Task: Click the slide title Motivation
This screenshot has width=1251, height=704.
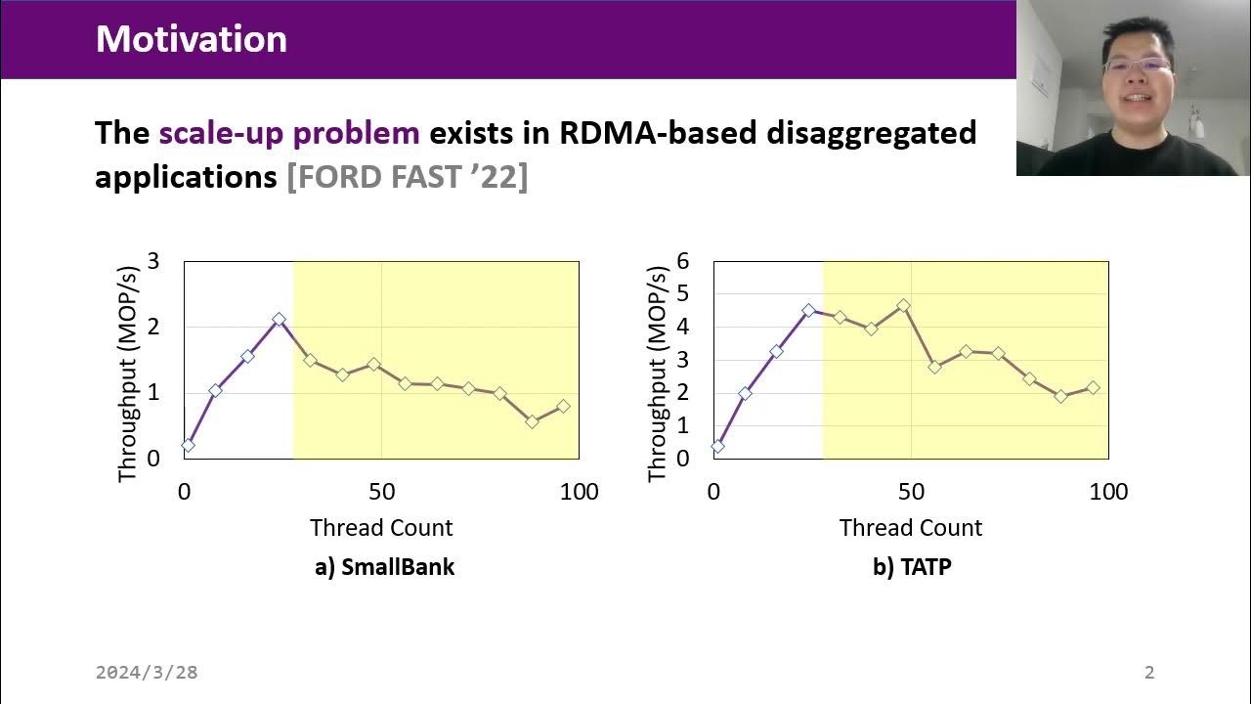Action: point(192,39)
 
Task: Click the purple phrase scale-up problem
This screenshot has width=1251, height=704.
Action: point(289,133)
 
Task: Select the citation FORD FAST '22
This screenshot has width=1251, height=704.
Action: point(407,177)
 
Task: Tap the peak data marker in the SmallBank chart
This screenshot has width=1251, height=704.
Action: point(280,319)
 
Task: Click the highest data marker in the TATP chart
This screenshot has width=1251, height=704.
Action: point(903,305)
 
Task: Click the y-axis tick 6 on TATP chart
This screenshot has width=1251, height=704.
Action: point(683,261)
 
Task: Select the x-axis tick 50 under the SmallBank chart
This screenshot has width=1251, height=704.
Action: point(381,492)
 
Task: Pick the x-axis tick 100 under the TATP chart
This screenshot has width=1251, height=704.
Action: point(1107,492)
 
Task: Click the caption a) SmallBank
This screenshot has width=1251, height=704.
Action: point(384,567)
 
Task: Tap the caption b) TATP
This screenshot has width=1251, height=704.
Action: point(911,567)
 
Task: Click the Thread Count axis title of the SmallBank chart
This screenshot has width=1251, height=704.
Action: point(381,528)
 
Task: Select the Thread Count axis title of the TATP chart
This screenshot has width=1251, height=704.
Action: point(911,528)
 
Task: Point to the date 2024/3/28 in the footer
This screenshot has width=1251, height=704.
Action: point(147,673)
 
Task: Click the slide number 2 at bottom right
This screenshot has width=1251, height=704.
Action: point(1149,673)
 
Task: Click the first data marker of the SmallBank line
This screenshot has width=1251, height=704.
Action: point(188,445)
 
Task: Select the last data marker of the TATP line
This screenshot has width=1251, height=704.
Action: point(1093,388)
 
